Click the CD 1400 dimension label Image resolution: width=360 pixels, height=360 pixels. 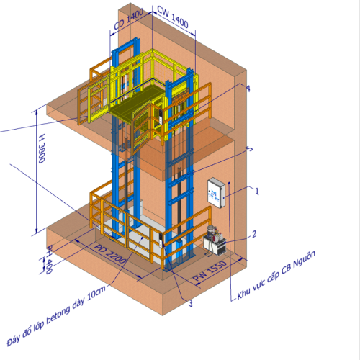pyautogui.click(x=129, y=19)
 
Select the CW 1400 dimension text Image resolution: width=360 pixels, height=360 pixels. pyautogui.click(x=173, y=17)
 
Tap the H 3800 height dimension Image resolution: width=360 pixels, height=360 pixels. pyautogui.click(x=42, y=148)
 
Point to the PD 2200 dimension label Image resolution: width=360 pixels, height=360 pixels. pyautogui.click(x=110, y=253)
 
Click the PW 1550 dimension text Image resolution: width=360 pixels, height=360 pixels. pyautogui.click(x=210, y=271)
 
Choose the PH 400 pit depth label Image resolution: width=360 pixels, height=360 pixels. pyautogui.click(x=49, y=259)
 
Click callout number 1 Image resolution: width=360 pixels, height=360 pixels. pyautogui.click(x=257, y=192)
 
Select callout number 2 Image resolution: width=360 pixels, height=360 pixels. pyautogui.click(x=254, y=234)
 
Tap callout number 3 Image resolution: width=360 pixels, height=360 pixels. pyautogui.click(x=190, y=303)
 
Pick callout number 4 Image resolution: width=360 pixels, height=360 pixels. pyautogui.click(x=248, y=89)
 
